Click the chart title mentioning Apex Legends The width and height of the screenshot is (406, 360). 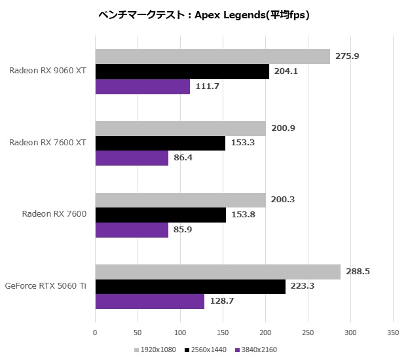click(203, 14)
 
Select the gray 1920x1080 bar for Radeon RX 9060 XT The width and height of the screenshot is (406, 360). click(213, 56)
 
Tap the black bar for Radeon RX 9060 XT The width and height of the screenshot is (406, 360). click(182, 71)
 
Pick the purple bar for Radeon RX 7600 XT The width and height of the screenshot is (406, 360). click(132, 158)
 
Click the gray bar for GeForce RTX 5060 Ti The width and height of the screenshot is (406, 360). click(218, 272)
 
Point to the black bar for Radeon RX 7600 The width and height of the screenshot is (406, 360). click(160, 215)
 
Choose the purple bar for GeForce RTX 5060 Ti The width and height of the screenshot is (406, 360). click(150, 301)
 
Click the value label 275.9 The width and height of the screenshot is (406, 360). click(347, 56)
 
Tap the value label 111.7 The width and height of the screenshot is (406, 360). click(207, 86)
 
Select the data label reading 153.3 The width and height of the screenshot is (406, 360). click(242, 143)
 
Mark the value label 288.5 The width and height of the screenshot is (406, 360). click(358, 272)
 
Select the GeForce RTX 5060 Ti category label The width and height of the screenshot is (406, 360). click(45, 285)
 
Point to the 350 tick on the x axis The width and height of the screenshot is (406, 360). click(393, 332)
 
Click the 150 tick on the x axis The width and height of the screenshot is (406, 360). click(223, 332)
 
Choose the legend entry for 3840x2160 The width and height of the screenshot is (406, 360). click(257, 350)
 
